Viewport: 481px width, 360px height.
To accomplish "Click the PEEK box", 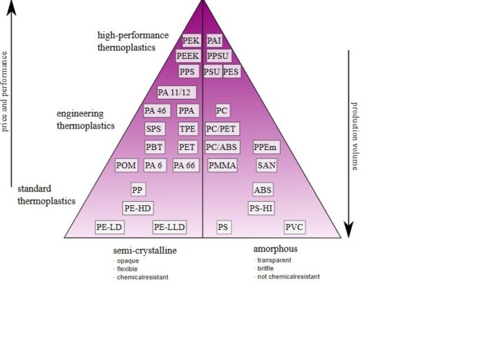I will click(187, 56).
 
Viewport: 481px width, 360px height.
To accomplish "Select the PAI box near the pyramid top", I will click(214, 41).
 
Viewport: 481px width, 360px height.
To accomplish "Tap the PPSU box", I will click(218, 56).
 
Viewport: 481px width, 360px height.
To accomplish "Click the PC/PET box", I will click(222, 129).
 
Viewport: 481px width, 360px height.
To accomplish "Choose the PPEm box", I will click(266, 146).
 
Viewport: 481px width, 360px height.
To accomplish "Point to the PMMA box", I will click(222, 165).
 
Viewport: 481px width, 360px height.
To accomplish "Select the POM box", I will click(126, 165).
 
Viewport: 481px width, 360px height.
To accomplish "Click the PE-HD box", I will click(138, 208).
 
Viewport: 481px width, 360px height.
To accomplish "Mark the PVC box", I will click(294, 227).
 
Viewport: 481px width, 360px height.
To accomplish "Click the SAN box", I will click(266, 165).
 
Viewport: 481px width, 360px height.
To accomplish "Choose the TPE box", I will click(187, 129).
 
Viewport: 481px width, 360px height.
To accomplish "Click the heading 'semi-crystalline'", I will click(144, 249).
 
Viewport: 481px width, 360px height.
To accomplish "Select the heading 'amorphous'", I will click(275, 249).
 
